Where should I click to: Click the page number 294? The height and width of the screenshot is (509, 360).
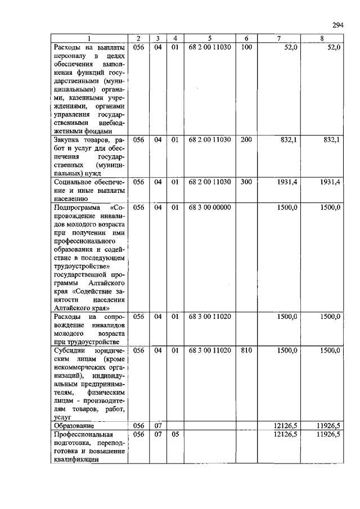coord(337,25)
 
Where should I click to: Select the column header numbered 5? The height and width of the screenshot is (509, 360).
coord(209,39)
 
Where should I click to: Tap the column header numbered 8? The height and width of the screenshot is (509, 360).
coord(321,39)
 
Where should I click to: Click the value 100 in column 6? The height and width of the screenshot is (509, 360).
coord(246,47)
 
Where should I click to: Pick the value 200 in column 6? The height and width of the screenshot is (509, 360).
coord(246,139)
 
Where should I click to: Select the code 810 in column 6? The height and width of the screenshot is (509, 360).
coord(246,350)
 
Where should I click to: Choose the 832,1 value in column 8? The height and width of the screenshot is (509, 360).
coord(331,139)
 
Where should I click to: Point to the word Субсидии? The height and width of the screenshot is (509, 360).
coord(70,350)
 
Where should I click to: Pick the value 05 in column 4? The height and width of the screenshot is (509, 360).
coord(174,435)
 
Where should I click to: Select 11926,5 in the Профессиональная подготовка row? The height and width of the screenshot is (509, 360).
coord(328,435)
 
